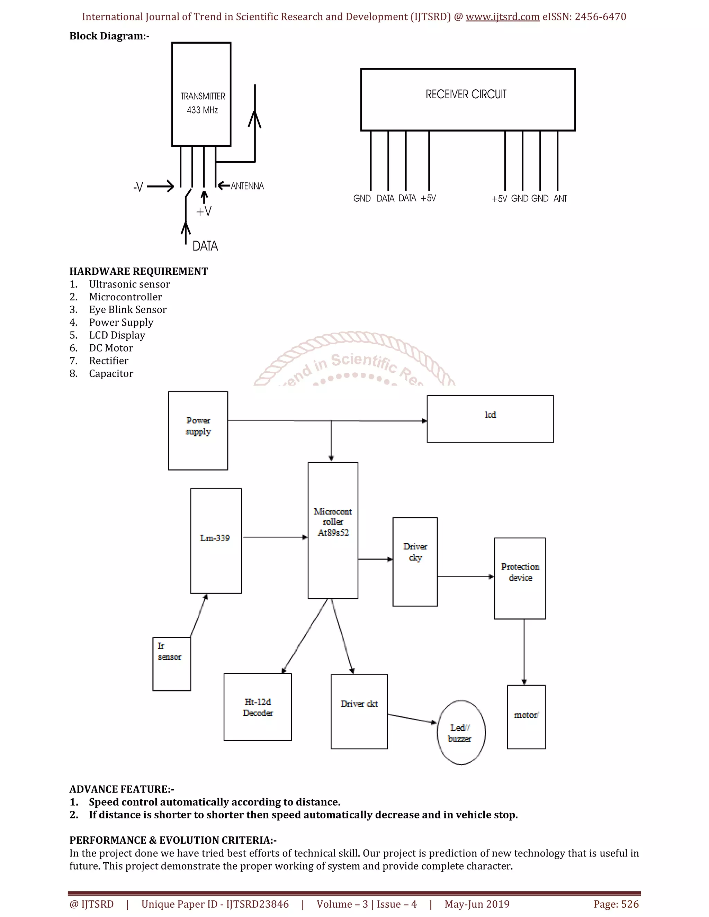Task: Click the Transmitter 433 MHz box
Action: tap(201, 94)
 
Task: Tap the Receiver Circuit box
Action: tap(467, 100)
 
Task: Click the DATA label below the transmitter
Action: tap(205, 246)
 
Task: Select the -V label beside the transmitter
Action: tap(138, 187)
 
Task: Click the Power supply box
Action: tap(198, 430)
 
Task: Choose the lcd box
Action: tap(490, 419)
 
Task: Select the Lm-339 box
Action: tap(216, 541)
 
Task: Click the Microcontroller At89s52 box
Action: tap(333, 530)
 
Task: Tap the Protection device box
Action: tap(520, 578)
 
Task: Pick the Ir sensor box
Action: tap(171, 664)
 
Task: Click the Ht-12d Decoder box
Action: tap(258, 707)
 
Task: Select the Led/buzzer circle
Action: tap(461, 733)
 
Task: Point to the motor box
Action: tap(526, 717)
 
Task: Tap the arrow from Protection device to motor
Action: tap(524, 652)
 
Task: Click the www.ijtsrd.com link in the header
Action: tap(502, 17)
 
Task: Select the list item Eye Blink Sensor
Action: tap(128, 310)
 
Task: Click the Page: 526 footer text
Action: tap(616, 904)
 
